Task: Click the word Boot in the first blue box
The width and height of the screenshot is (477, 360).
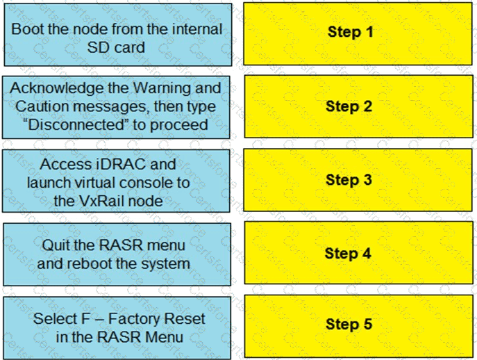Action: click(26, 29)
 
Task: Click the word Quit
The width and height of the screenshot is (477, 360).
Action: click(56, 245)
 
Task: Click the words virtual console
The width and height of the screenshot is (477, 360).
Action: click(122, 183)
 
